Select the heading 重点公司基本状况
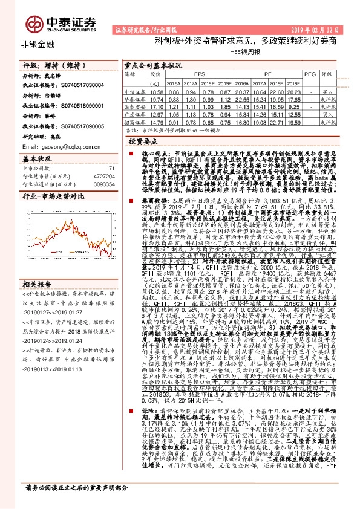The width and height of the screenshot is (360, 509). pos(152,65)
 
